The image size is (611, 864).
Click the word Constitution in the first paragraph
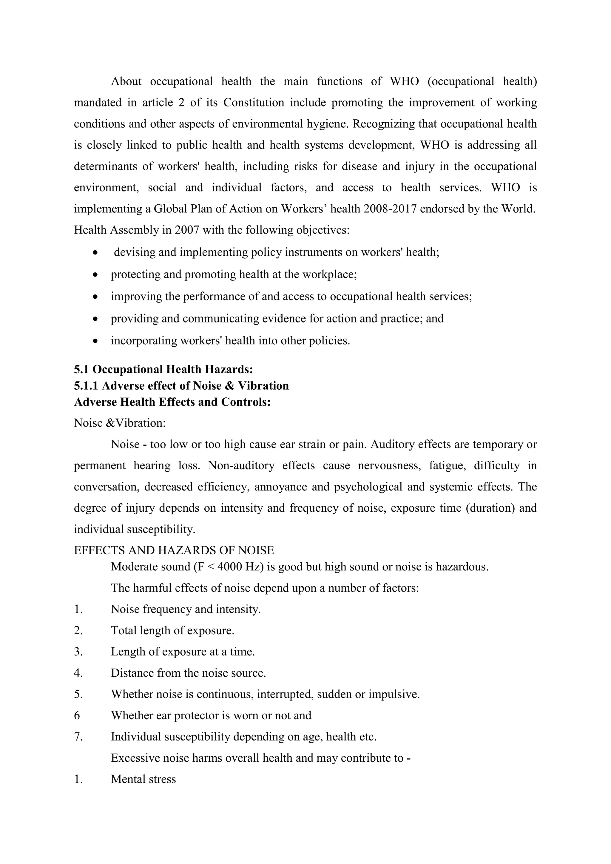[x=254, y=102]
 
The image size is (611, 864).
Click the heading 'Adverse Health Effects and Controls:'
[x=172, y=402]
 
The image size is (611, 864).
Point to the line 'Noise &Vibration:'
[x=120, y=423]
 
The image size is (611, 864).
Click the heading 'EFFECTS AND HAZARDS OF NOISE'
[x=174, y=550]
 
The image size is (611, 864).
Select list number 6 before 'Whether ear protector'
[x=77, y=715]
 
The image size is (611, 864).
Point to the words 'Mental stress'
[x=143, y=779]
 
